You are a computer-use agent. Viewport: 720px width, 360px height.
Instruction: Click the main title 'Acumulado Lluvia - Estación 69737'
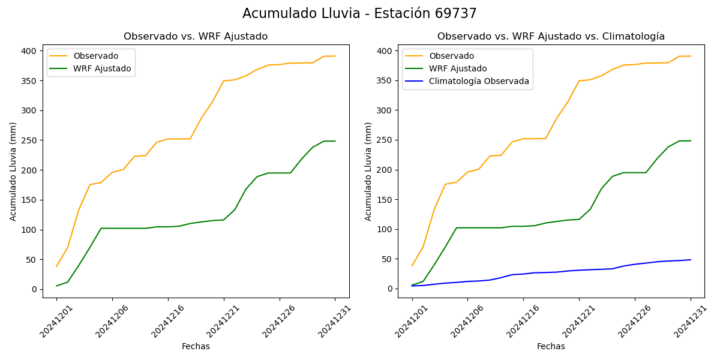(359, 14)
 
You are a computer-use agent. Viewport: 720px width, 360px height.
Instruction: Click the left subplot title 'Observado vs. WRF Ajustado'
(196, 37)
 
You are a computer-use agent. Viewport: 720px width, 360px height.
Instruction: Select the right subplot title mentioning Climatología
(551, 37)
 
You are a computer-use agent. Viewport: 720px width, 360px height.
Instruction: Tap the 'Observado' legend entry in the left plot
(95, 56)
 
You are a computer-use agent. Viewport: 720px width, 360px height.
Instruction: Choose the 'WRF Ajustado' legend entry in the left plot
(102, 68)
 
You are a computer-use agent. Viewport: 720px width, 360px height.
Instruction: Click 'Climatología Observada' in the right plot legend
(479, 82)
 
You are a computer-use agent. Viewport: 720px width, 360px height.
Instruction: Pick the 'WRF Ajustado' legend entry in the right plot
(458, 68)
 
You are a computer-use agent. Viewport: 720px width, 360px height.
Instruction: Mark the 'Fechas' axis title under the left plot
(196, 346)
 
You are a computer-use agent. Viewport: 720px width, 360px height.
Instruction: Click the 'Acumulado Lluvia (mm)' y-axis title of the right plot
(368, 171)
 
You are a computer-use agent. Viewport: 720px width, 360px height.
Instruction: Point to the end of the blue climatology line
(691, 260)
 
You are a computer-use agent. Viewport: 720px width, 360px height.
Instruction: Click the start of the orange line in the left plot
(56, 266)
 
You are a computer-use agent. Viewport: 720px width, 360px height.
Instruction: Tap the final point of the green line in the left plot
(335, 141)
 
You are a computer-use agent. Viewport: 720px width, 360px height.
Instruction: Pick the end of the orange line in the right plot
(691, 56)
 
